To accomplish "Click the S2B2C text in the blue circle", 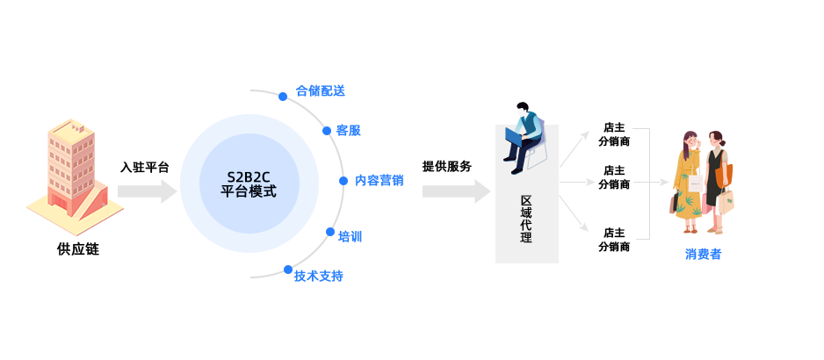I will tap(249, 176).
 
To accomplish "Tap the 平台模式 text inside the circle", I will tap(249, 191).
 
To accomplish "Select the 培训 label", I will tap(350, 236).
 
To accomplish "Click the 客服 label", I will tap(349, 131).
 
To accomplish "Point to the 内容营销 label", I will tap(379, 180).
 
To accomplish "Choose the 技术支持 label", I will tap(318, 276).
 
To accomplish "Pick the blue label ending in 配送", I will tap(320, 90).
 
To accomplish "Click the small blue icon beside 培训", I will tap(329, 232).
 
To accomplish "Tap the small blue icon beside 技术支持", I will tap(286, 269).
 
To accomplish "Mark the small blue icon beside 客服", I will tap(326, 130).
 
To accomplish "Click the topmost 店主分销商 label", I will tap(614, 133).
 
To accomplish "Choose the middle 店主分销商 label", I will tap(614, 177).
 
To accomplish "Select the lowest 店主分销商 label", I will tap(614, 240).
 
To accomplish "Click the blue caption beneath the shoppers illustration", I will tap(703, 255).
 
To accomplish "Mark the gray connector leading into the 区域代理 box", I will tap(456, 191).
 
